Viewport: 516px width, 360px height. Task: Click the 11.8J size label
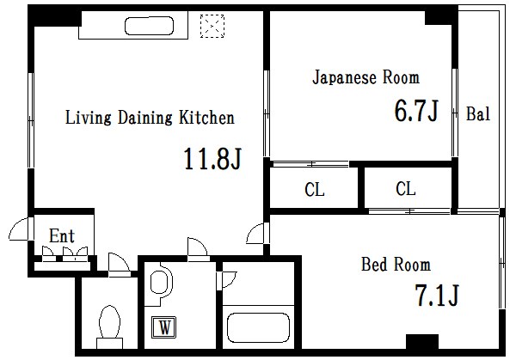210,159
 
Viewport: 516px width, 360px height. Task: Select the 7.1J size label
436,296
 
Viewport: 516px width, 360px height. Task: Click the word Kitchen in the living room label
206,118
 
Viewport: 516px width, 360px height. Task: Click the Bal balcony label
477,114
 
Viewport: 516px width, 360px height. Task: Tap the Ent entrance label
61,235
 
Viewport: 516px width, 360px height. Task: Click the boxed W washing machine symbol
162,327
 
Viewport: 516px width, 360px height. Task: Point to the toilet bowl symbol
109,326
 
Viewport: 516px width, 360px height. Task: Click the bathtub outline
257,328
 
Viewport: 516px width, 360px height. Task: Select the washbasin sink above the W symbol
159,283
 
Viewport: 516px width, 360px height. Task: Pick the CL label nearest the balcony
407,189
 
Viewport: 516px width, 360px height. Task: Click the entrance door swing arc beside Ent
20,230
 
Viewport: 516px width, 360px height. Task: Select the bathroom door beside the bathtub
229,279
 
